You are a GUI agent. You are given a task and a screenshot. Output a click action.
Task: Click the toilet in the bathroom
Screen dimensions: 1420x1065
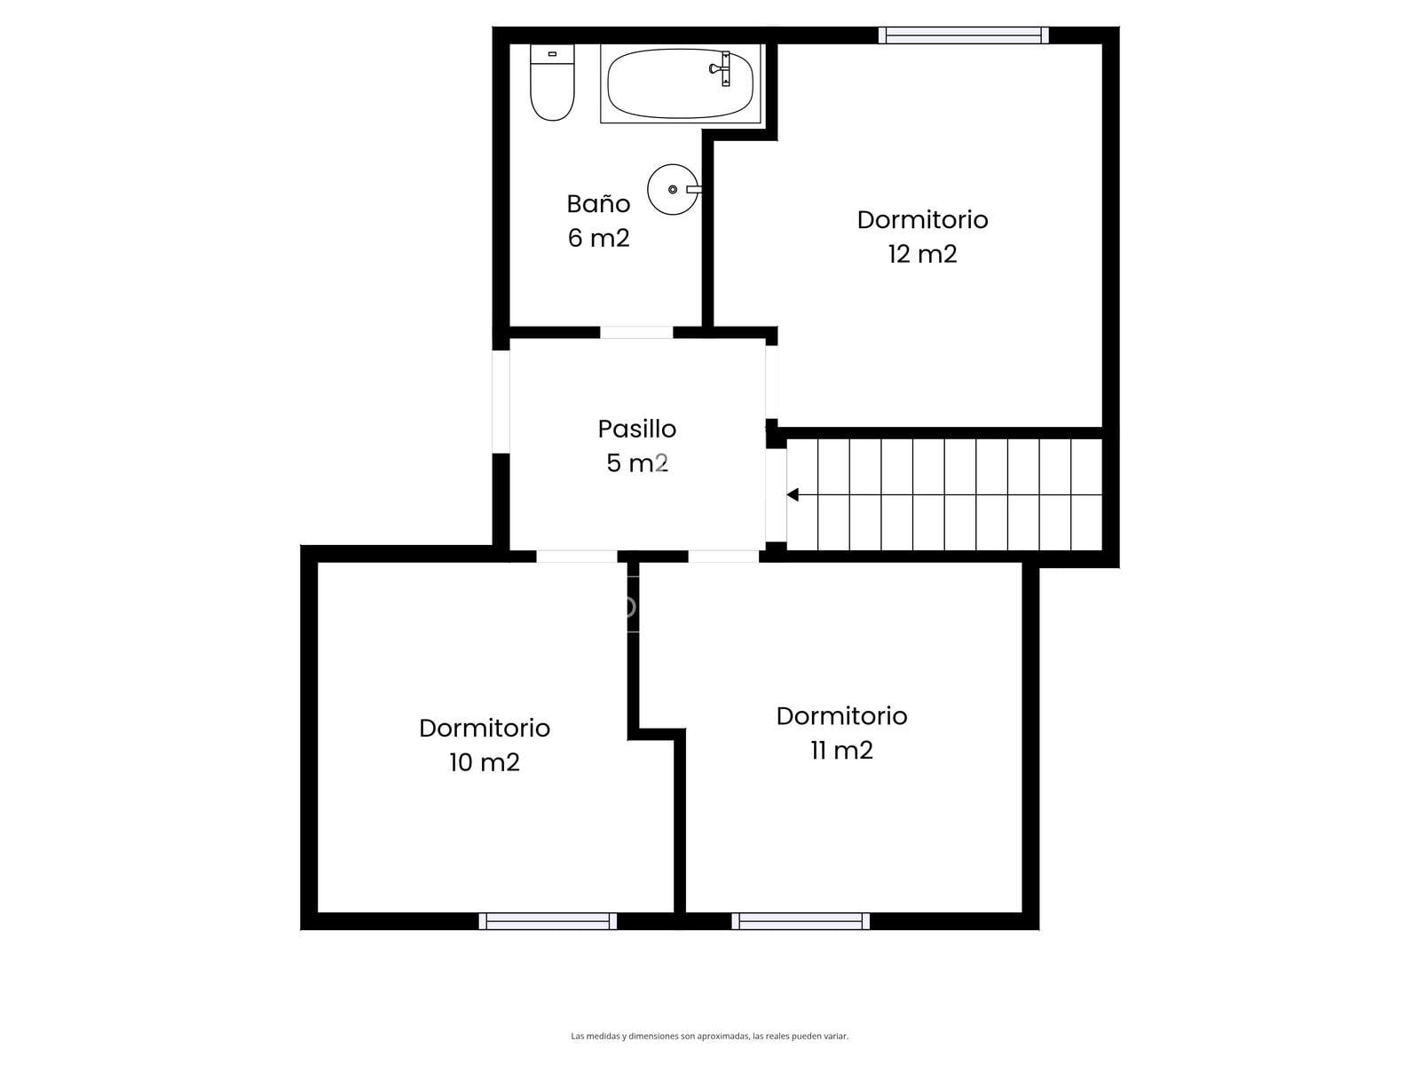[x=552, y=83]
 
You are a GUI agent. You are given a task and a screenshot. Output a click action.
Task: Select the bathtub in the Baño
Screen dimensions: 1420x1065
[x=681, y=83]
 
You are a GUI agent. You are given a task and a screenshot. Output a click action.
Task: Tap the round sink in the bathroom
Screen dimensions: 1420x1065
[x=674, y=189]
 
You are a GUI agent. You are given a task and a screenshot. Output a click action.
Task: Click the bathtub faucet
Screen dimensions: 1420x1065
[x=722, y=68]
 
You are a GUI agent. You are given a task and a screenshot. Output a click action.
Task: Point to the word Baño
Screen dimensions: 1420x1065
[x=598, y=204]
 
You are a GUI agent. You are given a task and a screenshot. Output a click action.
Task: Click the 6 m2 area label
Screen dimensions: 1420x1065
[x=598, y=238]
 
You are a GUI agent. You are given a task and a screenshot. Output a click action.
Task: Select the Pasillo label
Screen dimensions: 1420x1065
[x=637, y=429]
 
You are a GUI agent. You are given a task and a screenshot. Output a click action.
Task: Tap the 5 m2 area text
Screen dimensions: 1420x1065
[x=637, y=463]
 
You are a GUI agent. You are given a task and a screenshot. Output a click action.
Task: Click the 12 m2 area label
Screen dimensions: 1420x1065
[x=922, y=254]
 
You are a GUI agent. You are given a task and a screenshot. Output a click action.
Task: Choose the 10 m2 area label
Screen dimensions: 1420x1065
[x=485, y=762]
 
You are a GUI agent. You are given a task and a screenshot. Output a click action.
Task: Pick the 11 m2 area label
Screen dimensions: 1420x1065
[x=841, y=750]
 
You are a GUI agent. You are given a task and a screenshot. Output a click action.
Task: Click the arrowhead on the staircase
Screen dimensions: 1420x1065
[x=793, y=494]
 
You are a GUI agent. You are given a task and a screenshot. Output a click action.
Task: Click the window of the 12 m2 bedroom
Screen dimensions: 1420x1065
[x=963, y=35]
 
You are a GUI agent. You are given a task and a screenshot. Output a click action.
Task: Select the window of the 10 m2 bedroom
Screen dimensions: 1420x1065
[x=548, y=921]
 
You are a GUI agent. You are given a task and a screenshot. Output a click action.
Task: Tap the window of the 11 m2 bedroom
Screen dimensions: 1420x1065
[x=801, y=921]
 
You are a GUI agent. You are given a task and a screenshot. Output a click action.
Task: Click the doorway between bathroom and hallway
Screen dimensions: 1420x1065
[x=636, y=332]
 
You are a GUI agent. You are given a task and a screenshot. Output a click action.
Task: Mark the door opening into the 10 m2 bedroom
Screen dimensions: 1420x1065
[x=576, y=556]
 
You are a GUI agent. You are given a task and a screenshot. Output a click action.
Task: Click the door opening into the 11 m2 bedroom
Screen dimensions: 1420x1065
[x=723, y=556]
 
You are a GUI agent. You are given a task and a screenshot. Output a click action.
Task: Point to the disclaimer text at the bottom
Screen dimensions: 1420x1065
[x=710, y=1036]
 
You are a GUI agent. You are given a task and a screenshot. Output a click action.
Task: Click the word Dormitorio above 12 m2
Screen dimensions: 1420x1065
[x=922, y=220]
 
